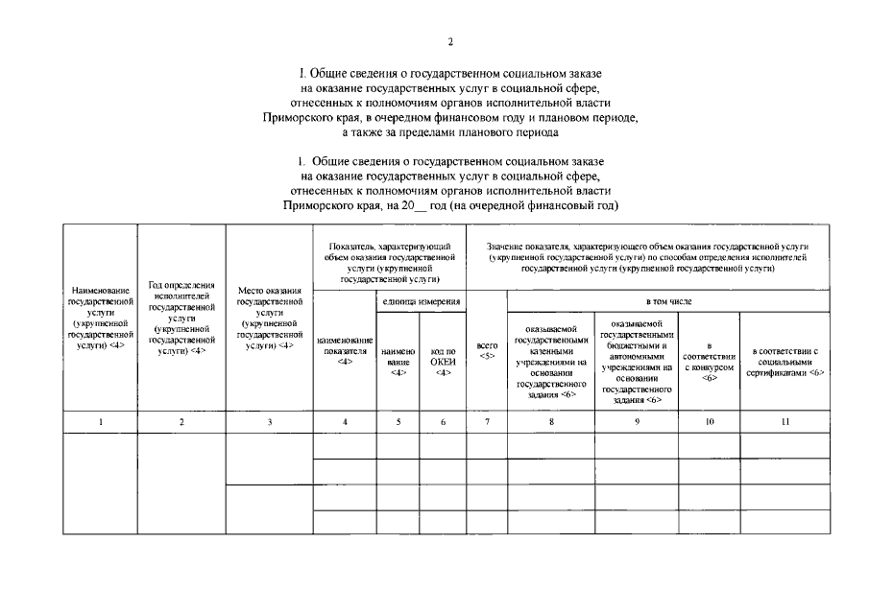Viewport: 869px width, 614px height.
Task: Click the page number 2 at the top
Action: tap(450, 41)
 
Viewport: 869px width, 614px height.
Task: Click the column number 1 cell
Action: tap(100, 422)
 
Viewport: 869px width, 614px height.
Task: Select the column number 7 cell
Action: tap(487, 422)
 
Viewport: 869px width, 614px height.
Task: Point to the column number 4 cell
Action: tap(344, 422)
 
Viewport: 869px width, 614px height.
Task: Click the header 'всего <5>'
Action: tap(487, 351)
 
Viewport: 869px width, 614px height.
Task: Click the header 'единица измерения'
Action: tap(420, 301)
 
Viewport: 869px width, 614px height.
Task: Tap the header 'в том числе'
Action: tap(668, 301)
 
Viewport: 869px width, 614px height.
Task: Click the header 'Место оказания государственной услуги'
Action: tap(270, 319)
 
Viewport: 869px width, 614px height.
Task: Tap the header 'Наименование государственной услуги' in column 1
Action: tap(100, 319)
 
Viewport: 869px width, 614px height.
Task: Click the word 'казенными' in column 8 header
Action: tap(551, 351)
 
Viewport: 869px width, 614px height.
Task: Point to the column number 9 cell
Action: tap(637, 422)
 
